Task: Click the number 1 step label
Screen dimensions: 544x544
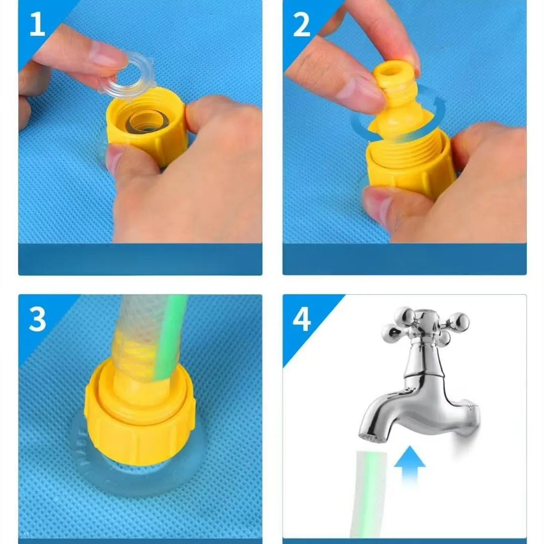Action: (x=37, y=24)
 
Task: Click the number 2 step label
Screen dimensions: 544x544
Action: (x=302, y=24)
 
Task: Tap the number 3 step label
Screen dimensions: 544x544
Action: (x=37, y=319)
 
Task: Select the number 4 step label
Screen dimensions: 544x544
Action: (x=302, y=319)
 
